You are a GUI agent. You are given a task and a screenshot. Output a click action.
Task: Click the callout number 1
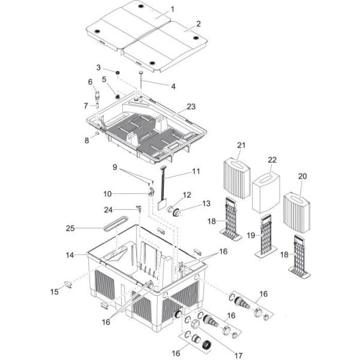click(x=172, y=9)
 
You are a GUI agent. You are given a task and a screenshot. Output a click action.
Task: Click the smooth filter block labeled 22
click(x=265, y=189)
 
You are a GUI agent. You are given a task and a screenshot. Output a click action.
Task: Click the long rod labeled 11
click(x=163, y=186)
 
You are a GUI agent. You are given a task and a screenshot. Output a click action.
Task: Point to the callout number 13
click(x=190, y=205)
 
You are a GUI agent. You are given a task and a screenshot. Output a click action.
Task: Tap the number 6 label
click(x=91, y=82)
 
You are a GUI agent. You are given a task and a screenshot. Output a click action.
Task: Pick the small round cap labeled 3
click(x=118, y=73)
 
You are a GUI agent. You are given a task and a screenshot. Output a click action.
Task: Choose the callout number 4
click(x=173, y=86)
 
